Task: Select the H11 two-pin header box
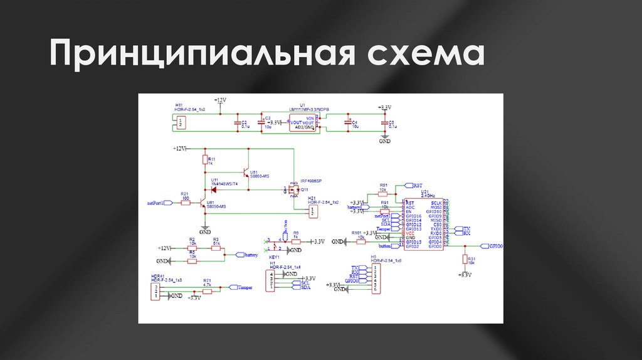point(181,123)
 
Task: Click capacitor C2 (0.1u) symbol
point(238,123)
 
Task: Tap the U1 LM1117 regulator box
point(303,122)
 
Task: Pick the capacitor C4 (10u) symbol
point(349,123)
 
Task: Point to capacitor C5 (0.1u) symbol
point(384,123)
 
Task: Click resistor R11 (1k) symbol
point(204,161)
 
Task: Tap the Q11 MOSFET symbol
point(292,189)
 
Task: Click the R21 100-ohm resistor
point(186,203)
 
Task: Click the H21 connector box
point(312,212)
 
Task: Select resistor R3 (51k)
point(216,248)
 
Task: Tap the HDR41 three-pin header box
point(155,291)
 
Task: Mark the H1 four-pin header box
point(271,282)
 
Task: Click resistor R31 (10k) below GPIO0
point(465,260)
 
